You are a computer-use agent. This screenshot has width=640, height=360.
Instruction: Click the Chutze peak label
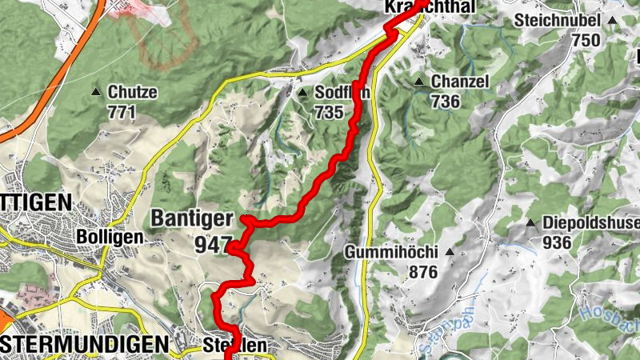pos(133,92)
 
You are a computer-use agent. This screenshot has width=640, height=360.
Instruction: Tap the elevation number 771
pos(122,112)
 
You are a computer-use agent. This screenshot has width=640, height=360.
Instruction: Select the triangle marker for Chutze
pos(97,92)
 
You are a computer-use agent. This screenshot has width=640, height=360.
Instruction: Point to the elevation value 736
pos(446,101)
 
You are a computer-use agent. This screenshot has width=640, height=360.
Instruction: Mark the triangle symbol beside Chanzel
pos(418,82)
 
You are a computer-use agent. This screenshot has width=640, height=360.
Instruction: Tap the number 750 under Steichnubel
pos(586,39)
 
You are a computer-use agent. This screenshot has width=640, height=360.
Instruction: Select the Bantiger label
pos(191,218)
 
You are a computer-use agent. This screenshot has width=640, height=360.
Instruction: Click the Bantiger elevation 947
pos(212,243)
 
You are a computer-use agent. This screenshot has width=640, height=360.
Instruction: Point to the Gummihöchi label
pos(391,253)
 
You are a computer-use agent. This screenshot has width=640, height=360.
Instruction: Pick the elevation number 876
pos(422,272)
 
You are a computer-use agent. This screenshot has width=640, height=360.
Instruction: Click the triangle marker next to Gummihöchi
pos(449,253)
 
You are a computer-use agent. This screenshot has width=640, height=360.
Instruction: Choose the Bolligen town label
pos(110,238)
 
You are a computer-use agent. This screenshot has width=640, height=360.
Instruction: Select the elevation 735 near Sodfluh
pos(329,112)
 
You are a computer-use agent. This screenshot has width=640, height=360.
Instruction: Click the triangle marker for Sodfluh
pos(302,93)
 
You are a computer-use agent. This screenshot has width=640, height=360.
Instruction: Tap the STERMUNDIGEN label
pos(85,344)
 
